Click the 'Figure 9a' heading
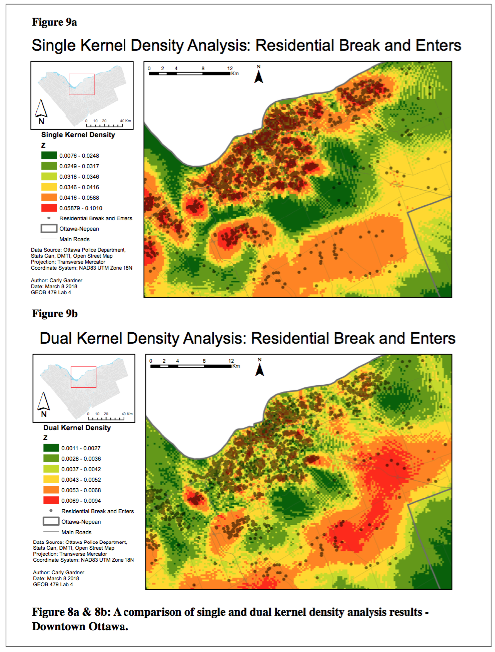(54, 22)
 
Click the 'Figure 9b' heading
(55, 314)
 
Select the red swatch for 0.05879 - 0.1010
(49, 208)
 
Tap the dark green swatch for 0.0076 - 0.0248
(49, 156)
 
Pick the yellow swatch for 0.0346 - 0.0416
(49, 187)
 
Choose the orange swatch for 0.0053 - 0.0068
(51, 490)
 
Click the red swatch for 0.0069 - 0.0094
(51, 501)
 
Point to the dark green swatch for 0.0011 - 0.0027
(51, 448)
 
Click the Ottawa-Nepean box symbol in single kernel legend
(49, 229)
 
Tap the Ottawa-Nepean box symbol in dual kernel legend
(51, 522)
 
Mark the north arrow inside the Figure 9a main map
(259, 76)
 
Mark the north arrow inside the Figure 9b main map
(260, 369)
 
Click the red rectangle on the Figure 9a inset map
(82, 84)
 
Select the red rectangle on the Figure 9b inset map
(83, 377)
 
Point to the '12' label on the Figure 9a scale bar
(230, 68)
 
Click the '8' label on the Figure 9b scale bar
(204, 361)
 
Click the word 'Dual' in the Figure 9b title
(56, 339)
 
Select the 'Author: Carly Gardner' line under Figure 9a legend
(56, 281)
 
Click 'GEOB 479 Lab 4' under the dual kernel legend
(53, 585)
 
